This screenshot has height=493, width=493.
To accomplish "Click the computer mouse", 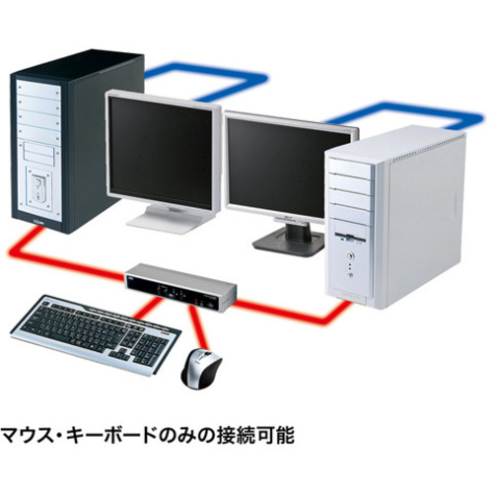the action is (x=201, y=369).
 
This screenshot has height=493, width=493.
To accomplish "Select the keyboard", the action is (x=96, y=333).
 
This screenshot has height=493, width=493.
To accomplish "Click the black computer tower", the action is (x=77, y=141).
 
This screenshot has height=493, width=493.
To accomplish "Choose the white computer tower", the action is (x=394, y=217).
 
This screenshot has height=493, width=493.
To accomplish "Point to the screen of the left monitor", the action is (x=161, y=152).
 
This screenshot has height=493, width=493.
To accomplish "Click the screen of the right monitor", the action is (x=289, y=169).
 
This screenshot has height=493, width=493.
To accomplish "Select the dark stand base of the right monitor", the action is (x=289, y=243).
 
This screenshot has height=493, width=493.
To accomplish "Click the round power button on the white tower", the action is (x=349, y=254).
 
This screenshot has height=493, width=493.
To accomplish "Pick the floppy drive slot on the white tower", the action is (x=350, y=239).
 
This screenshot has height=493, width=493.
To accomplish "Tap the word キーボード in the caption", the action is (x=111, y=436).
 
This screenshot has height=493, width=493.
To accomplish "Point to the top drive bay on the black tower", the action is (x=38, y=90).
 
